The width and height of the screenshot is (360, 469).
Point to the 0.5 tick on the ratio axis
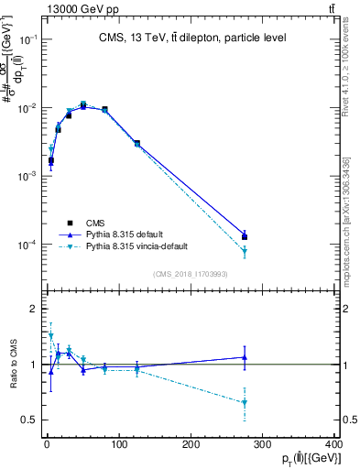[x=33, y=420]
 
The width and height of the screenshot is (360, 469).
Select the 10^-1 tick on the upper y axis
[x=29, y=39]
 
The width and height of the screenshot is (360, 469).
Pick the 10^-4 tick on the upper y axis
[x=29, y=245]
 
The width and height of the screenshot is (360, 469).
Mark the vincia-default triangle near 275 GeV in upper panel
[x=245, y=253]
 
